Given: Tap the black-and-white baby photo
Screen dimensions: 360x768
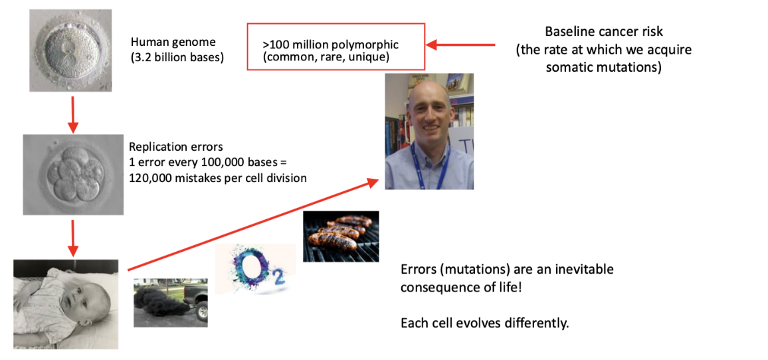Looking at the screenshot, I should (x=66, y=304).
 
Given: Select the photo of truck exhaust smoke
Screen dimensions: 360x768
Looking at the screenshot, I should (x=170, y=302).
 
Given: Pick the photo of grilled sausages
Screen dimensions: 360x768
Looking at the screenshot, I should (x=341, y=236).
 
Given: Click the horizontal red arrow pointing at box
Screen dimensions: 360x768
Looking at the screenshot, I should (x=461, y=45).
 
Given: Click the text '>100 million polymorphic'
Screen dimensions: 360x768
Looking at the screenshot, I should (x=330, y=45).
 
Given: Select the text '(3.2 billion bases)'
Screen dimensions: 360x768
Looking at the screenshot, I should (x=177, y=58).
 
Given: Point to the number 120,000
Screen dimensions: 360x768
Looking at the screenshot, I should (x=153, y=177).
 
